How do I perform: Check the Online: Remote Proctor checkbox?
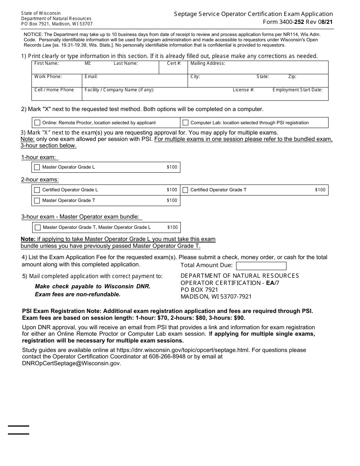37,123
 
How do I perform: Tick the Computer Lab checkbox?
185,123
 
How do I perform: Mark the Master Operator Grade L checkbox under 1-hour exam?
37,167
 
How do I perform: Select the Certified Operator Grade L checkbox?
37,190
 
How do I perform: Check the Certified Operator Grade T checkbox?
185,190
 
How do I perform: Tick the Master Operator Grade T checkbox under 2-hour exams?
37,200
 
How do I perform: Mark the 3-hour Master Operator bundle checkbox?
38,227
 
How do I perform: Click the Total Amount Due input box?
261,266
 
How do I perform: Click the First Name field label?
46,63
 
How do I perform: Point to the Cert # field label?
174,63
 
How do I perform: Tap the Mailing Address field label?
208,63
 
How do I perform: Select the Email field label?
91,77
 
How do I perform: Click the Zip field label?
292,77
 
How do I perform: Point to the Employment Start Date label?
297,90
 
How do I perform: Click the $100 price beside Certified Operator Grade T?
320,190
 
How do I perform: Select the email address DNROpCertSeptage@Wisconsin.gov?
71,363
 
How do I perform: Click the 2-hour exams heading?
40,180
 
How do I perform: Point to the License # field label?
243,90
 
